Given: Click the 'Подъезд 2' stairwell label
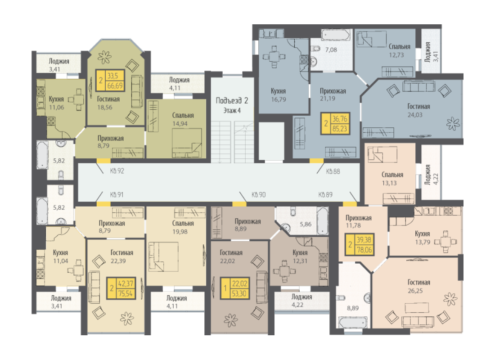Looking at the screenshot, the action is click(x=232, y=101).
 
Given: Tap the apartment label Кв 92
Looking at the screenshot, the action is click(x=117, y=171).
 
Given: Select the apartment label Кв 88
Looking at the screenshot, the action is click(x=333, y=171).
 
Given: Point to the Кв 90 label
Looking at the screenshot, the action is click(x=259, y=195).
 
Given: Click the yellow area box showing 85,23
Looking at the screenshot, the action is click(x=335, y=124).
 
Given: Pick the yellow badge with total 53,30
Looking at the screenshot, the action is click(x=234, y=288).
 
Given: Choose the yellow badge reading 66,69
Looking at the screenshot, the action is click(x=110, y=81).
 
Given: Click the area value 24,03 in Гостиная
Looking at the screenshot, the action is click(x=415, y=115).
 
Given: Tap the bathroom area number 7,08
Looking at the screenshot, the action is click(x=331, y=49).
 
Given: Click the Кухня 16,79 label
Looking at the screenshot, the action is click(x=278, y=95).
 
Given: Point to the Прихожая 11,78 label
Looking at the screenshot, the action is click(x=358, y=221).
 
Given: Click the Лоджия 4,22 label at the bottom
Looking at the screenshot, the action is click(x=301, y=301).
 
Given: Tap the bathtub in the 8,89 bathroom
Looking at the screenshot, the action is click(x=352, y=322).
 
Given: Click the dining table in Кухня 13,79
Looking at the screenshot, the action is click(x=445, y=242).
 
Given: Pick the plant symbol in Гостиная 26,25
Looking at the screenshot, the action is click(x=450, y=299).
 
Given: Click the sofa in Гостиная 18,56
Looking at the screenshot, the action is click(x=137, y=92).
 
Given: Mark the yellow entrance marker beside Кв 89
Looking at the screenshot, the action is click(x=350, y=204).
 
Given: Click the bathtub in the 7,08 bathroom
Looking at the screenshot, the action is click(x=335, y=35).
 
